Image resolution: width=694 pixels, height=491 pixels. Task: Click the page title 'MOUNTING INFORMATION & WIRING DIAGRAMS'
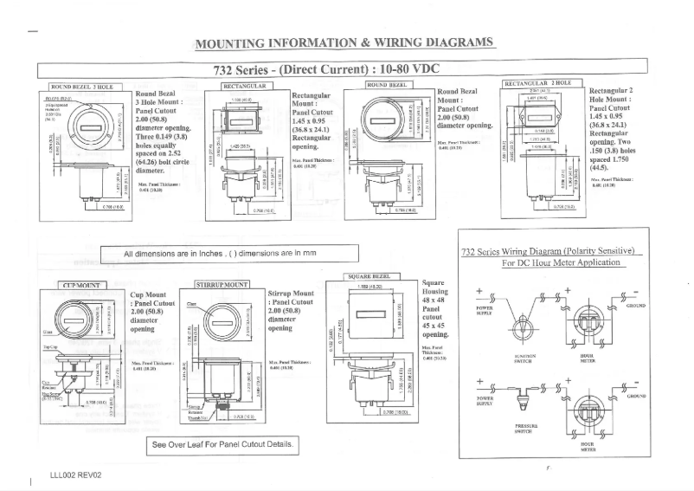[x=344, y=43]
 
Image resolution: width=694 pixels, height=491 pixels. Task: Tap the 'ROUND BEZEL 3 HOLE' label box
[x=82, y=87]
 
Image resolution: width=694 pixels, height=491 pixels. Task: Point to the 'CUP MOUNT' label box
[x=82, y=284]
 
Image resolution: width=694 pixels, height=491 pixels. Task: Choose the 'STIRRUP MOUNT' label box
[x=222, y=284]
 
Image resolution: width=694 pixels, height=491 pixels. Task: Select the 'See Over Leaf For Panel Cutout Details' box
[x=223, y=445]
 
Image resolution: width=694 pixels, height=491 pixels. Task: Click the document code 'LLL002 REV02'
[x=76, y=475]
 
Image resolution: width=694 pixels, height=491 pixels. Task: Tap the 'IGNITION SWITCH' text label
[x=524, y=357]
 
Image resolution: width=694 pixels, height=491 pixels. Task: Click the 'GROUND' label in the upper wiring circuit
[x=636, y=306]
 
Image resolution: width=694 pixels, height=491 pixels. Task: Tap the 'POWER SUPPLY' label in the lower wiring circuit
[x=485, y=401]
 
